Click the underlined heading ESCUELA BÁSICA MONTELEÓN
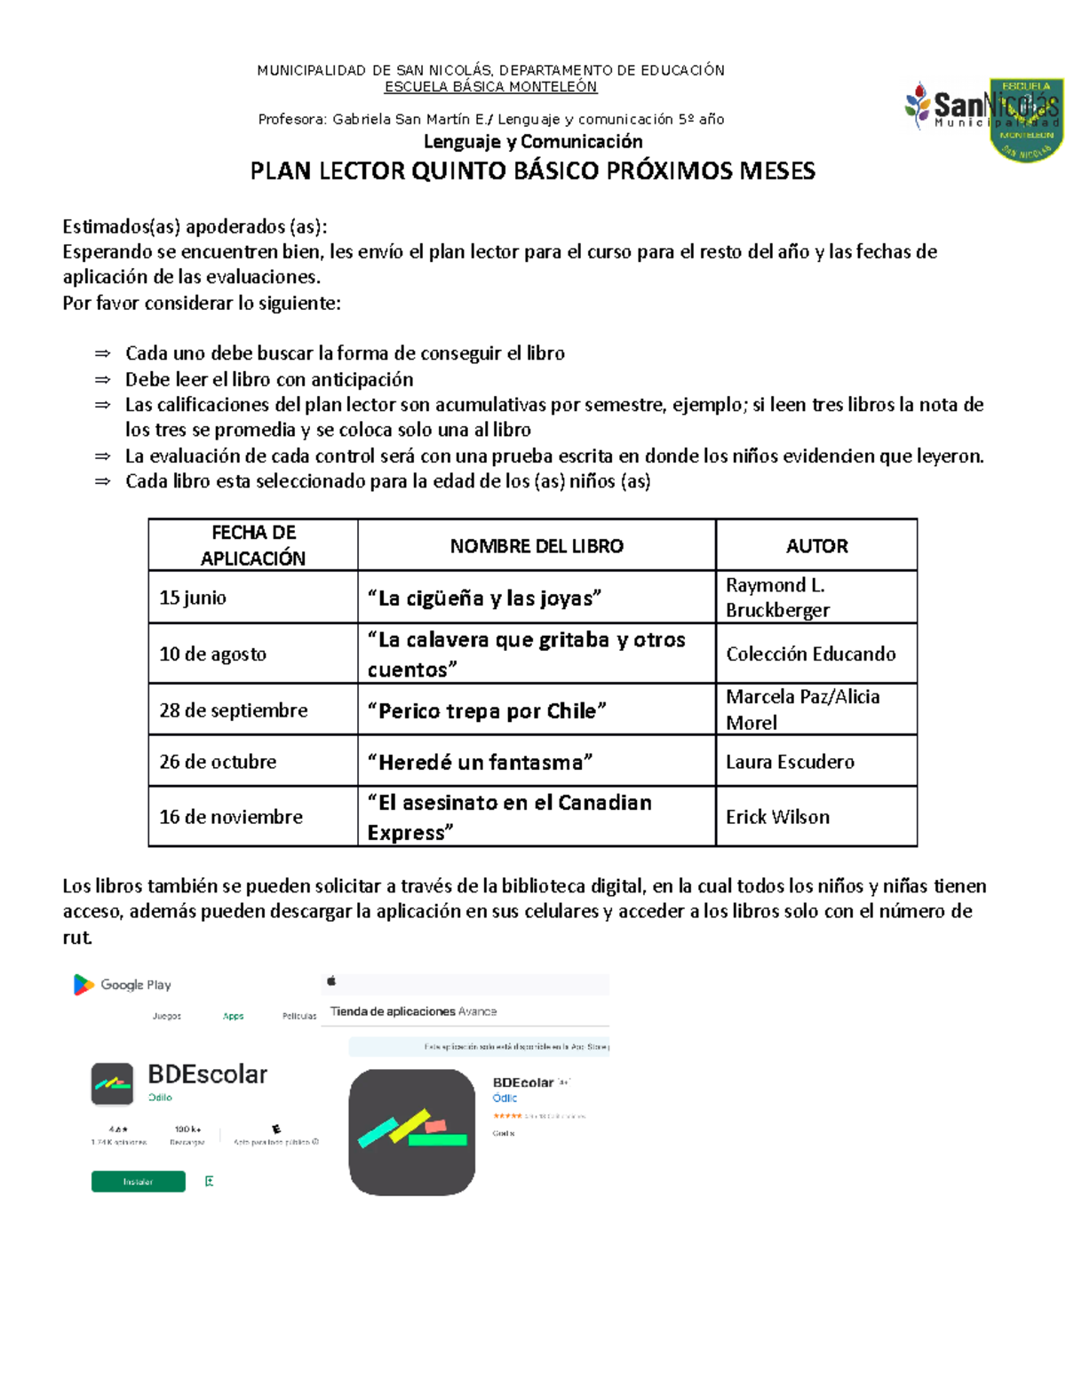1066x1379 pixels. [x=490, y=87]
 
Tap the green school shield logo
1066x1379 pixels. [x=1026, y=120]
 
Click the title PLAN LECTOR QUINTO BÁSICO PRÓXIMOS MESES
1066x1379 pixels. [x=532, y=171]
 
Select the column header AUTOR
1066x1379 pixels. [x=816, y=546]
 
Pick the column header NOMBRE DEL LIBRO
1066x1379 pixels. [x=537, y=546]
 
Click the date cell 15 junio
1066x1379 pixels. [x=193, y=598]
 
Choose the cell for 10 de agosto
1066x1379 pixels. [x=212, y=654]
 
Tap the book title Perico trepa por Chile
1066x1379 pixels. [x=487, y=711]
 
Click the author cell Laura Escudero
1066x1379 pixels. [x=790, y=762]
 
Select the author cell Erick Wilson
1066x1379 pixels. [x=777, y=817]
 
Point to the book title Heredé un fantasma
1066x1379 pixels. [x=480, y=762]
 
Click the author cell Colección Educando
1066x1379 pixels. [x=810, y=654]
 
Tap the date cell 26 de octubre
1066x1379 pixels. [x=218, y=762]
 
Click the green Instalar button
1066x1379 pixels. [x=138, y=1182]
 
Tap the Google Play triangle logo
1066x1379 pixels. [x=84, y=985]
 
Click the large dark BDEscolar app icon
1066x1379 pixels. [x=411, y=1132]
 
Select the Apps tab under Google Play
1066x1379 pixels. [x=233, y=1016]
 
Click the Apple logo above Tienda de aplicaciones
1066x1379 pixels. [x=332, y=981]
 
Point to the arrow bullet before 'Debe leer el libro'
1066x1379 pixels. [x=103, y=380]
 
